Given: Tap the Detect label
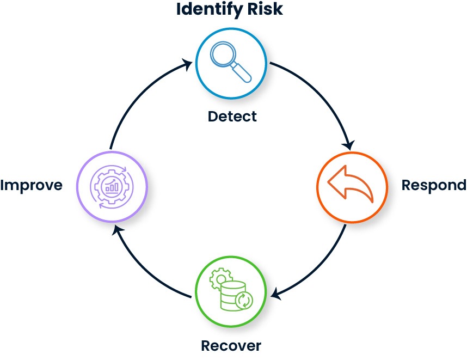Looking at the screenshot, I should (x=232, y=116).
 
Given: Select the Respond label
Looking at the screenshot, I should (x=433, y=185).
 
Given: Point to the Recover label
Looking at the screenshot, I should (x=231, y=346).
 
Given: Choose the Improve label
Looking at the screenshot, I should (x=31, y=185).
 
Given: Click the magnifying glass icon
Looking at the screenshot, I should (x=231, y=61).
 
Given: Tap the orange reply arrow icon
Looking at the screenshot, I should (x=351, y=186).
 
